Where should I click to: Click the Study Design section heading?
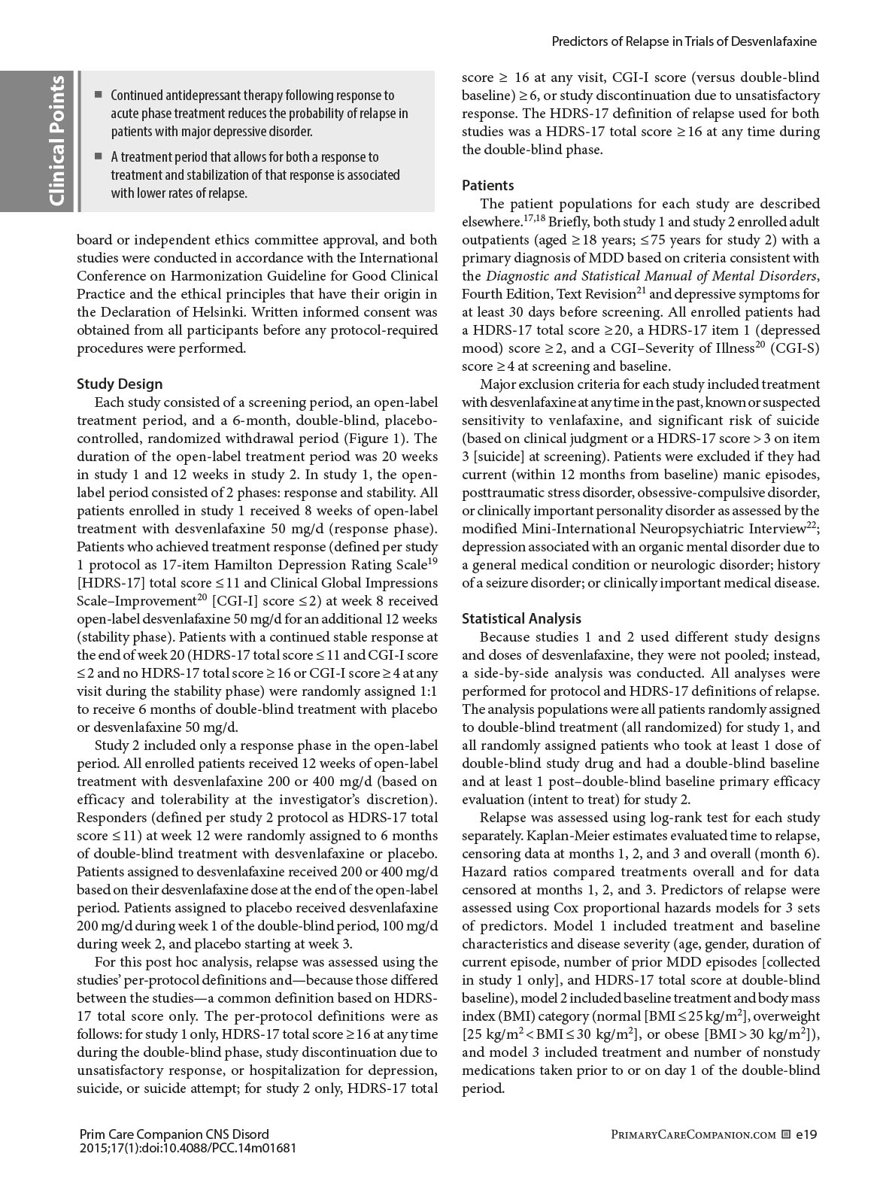(x=120, y=384)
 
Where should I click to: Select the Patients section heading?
(x=488, y=185)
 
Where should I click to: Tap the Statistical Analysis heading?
(x=521, y=618)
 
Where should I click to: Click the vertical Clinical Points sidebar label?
(x=58, y=141)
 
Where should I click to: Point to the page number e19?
(x=806, y=1134)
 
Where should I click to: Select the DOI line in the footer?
(x=187, y=1148)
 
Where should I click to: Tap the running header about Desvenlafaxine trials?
(x=684, y=41)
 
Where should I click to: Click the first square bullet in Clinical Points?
(x=98, y=95)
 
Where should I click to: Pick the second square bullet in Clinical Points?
(x=98, y=156)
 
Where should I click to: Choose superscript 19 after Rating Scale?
(x=432, y=560)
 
